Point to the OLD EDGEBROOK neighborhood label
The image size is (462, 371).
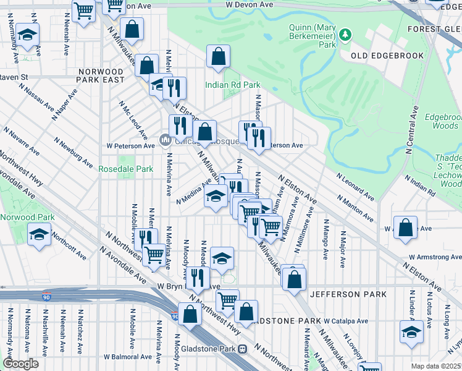point(387,56)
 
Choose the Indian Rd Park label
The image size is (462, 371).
point(233,85)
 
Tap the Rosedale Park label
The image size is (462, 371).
point(125,169)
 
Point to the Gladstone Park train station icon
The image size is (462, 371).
point(244,349)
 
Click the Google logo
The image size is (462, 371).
point(20,364)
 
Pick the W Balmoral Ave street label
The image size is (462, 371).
point(127,357)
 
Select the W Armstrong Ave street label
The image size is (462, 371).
point(434,257)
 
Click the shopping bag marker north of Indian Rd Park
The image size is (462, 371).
point(218,57)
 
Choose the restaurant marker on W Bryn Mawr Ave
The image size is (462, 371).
point(197,278)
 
